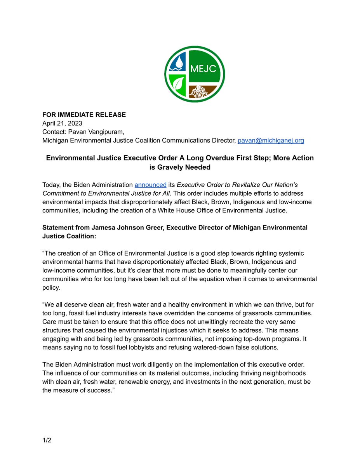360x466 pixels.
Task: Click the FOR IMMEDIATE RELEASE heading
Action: coord(84,115)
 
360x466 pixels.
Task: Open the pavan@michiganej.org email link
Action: coord(271,140)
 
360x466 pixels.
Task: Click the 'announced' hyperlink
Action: coord(150,184)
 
